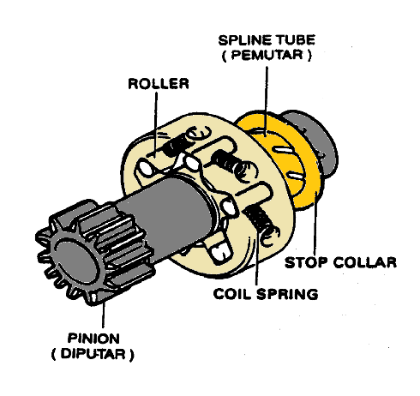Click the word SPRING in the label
click(289, 294)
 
